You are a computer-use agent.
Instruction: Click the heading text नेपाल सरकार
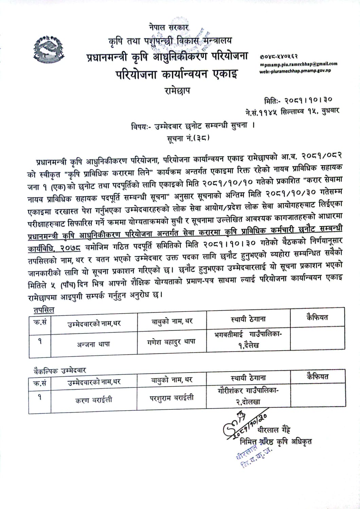pos(169,27)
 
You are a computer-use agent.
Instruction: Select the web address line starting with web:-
pos(295,71)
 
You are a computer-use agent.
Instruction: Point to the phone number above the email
pos(279,57)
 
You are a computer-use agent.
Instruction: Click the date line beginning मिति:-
pos(298,100)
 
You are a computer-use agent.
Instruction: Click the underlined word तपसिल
pos(43,310)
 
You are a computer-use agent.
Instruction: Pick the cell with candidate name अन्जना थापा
pos(93,344)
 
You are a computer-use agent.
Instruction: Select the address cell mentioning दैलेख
pos(248,340)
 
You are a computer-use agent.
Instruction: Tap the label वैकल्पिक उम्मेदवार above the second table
pos(60,370)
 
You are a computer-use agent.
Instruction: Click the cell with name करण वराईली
pos(93,400)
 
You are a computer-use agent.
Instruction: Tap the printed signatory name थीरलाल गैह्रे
pos(274,430)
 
